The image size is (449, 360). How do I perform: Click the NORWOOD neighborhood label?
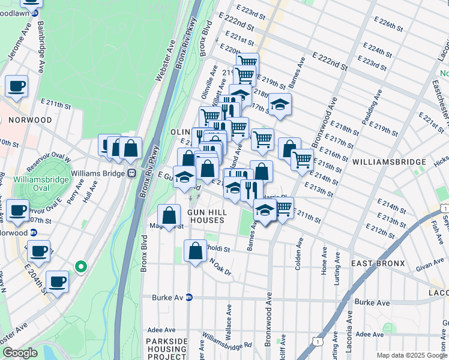tap(30, 120)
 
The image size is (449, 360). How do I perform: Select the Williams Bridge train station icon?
tap(132, 173)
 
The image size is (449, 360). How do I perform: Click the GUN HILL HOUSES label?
tap(205, 217)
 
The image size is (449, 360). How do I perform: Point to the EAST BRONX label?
tap(378, 263)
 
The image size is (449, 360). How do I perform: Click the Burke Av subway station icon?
tap(189, 297)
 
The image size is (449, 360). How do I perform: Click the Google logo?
tap(20, 353)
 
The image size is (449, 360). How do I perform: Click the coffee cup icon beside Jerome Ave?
tap(17, 86)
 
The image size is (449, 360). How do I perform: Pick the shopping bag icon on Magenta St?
tap(170, 216)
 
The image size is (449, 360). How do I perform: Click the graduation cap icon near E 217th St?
tap(279, 106)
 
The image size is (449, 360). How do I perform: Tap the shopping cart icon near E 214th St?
tap(302, 159)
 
